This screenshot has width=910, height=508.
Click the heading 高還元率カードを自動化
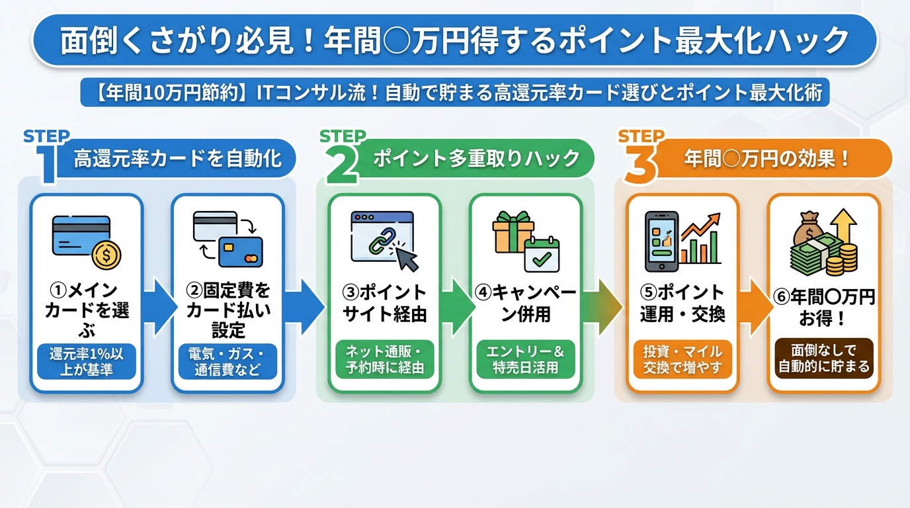(x=177, y=159)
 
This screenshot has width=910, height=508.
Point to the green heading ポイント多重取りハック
(x=476, y=159)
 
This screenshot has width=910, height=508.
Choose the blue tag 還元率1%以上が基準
(x=87, y=361)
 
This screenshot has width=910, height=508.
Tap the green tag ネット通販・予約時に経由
(x=385, y=359)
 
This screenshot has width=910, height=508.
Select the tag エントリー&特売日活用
(x=526, y=359)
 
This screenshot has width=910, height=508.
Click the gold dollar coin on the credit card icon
(x=106, y=254)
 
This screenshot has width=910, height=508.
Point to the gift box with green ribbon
(x=513, y=232)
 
